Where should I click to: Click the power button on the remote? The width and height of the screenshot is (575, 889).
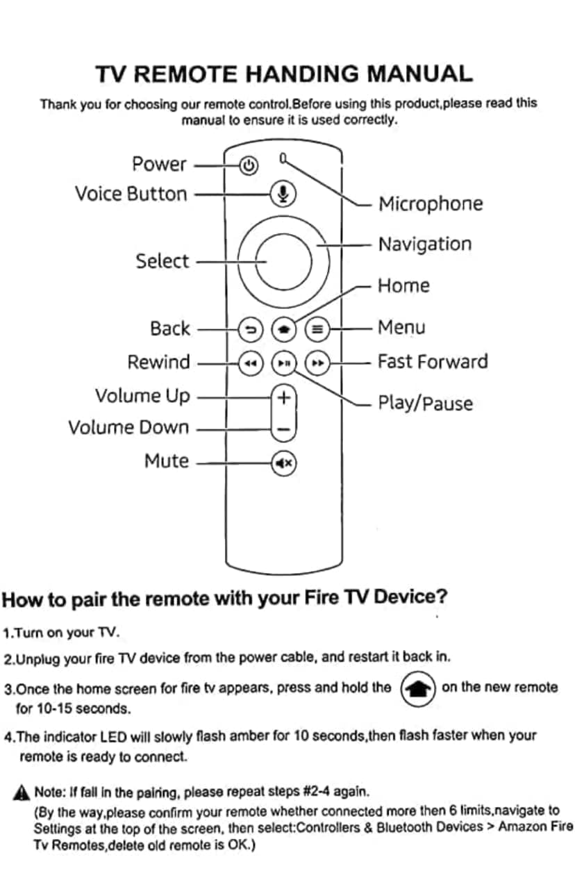249,165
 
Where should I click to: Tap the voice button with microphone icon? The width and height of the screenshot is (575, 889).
283,194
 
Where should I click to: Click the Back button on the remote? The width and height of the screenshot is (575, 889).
251,329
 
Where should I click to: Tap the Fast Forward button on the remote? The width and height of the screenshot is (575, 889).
317,363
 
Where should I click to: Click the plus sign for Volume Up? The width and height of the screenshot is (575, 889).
283,398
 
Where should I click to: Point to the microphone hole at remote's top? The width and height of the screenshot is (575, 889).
283,158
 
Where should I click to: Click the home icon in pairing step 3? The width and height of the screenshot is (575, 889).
418,688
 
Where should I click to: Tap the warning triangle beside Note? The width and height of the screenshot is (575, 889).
22,792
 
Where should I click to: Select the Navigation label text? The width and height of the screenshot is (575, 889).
424,244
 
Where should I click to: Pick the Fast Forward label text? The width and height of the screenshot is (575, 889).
432,362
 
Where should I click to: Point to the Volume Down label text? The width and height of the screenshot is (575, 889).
128,427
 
